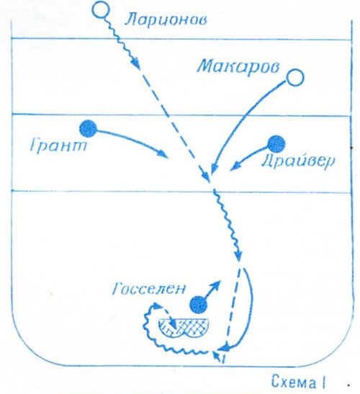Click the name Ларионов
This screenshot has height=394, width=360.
click(x=166, y=19)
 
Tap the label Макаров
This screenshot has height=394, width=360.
click(x=238, y=66)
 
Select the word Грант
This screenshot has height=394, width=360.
click(x=58, y=145)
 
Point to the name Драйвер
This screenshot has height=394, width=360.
click(x=298, y=161)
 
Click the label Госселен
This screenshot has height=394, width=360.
click(x=149, y=289)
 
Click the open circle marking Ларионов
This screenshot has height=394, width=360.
click(x=102, y=9)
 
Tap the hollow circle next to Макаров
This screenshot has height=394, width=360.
click(x=295, y=78)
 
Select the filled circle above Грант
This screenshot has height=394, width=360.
click(x=88, y=129)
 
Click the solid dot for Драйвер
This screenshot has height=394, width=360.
click(x=276, y=144)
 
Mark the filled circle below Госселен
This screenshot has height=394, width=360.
click(x=199, y=305)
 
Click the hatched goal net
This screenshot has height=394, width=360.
click(x=184, y=328)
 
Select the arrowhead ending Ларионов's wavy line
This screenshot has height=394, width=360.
click(x=136, y=63)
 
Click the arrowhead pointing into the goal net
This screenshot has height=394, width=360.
click(x=174, y=327)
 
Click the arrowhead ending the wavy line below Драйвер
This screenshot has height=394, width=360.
click(x=238, y=257)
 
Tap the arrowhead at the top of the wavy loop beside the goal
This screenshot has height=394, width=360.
click(x=156, y=306)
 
